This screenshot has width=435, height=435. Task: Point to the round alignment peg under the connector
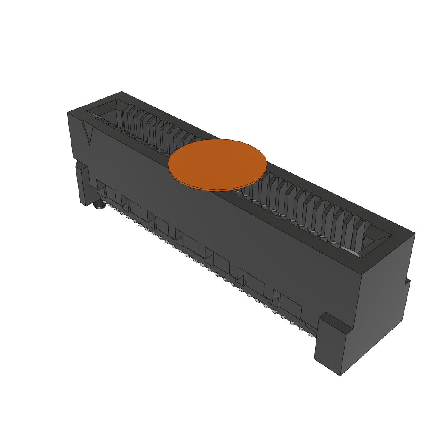tap(99, 206)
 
